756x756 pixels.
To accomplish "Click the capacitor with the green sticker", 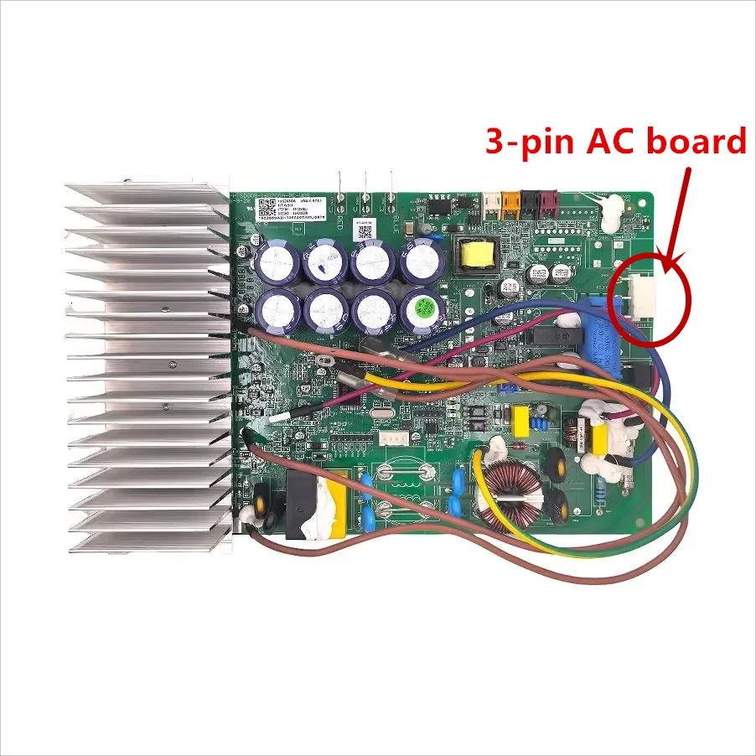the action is (421, 309).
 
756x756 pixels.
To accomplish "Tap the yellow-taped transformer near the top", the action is (474, 252).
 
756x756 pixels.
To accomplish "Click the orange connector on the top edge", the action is (508, 203).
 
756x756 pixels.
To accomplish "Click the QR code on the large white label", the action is (267, 207).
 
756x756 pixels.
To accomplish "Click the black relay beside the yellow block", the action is (298, 503).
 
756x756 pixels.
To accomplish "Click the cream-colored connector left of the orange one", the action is (490, 201).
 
